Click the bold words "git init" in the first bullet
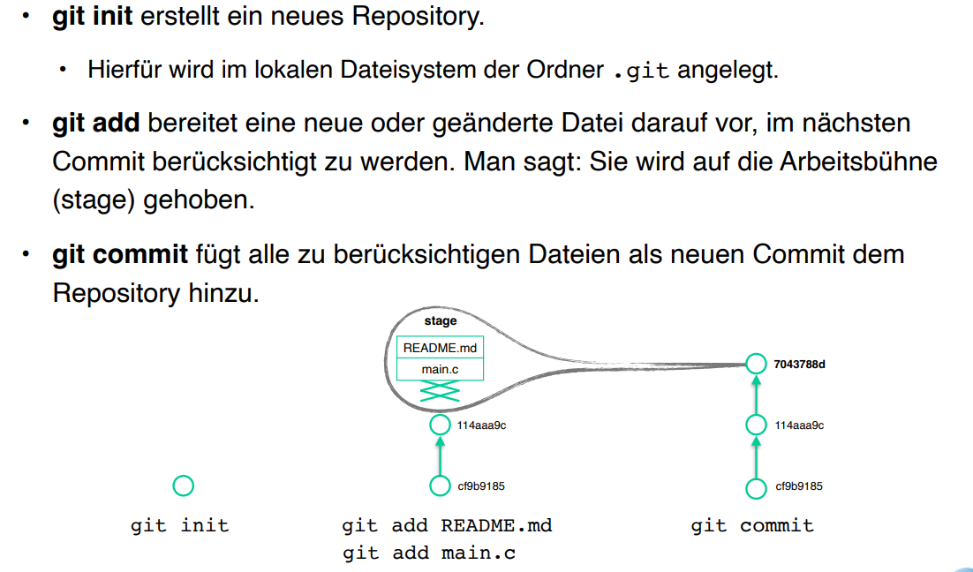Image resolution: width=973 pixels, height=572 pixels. [x=91, y=18]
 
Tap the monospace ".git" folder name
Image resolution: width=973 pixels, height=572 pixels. [x=642, y=71]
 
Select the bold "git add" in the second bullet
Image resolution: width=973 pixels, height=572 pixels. [x=95, y=123]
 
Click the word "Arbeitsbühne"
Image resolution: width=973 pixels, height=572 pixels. [x=858, y=162]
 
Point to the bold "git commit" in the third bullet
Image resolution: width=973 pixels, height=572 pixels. [x=120, y=254]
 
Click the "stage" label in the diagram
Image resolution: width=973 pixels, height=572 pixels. [x=441, y=320]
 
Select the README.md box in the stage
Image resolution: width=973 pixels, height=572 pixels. [x=440, y=348]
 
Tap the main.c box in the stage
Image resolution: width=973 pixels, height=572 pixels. [x=440, y=369]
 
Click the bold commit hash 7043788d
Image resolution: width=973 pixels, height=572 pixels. [x=798, y=364]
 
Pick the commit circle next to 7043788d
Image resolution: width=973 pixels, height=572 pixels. [x=755, y=364]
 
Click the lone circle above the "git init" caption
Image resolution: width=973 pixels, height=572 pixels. [x=183, y=485]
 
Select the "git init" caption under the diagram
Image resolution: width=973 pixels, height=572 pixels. [x=179, y=526]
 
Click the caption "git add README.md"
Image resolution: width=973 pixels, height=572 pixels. [x=447, y=526]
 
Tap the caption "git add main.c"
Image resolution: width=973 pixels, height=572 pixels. [x=428, y=553]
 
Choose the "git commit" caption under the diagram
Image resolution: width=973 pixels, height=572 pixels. [x=752, y=526]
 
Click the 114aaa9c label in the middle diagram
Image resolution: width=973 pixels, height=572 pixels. [x=481, y=425]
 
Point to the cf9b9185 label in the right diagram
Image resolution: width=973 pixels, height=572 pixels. [x=799, y=486]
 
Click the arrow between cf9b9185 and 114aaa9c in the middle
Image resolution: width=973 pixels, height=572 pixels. [x=440, y=455]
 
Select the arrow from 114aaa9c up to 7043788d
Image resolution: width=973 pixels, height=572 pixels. [x=755, y=395]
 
